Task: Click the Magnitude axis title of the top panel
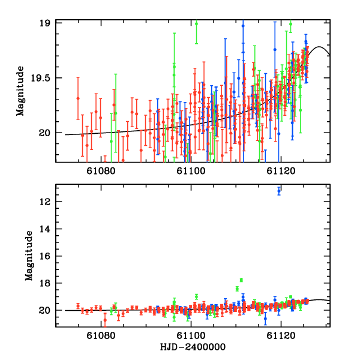pos(20,92)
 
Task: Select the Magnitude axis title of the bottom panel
pos(28,256)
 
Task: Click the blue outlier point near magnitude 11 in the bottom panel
pos(279,190)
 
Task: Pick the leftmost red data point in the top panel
pos(78,98)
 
